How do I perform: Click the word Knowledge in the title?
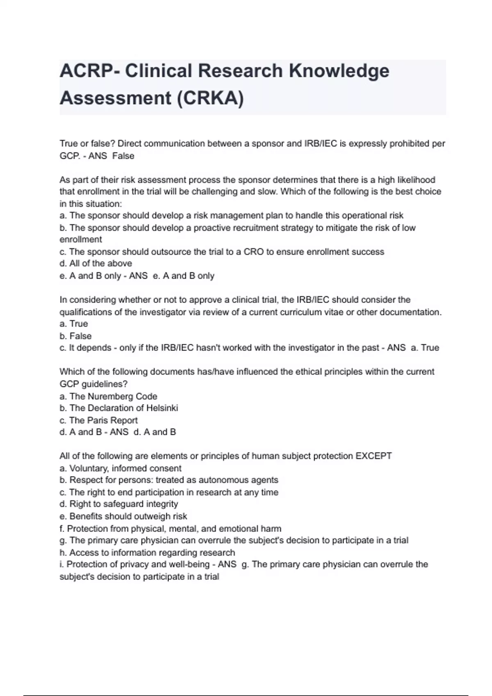[339, 71]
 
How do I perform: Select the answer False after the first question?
[123, 156]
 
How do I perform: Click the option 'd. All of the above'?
[96, 264]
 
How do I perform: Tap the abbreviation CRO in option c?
[254, 252]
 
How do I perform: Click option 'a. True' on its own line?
[74, 324]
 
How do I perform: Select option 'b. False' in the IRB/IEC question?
[75, 336]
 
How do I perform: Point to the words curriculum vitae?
[312, 312]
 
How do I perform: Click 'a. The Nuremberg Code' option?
[108, 396]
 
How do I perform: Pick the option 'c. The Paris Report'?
[98, 420]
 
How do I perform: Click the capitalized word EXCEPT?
[374, 456]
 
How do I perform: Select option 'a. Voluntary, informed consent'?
[121, 468]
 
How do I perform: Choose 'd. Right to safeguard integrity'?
[119, 504]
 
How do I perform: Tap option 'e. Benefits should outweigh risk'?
[123, 516]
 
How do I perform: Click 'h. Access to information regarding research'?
[147, 553]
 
